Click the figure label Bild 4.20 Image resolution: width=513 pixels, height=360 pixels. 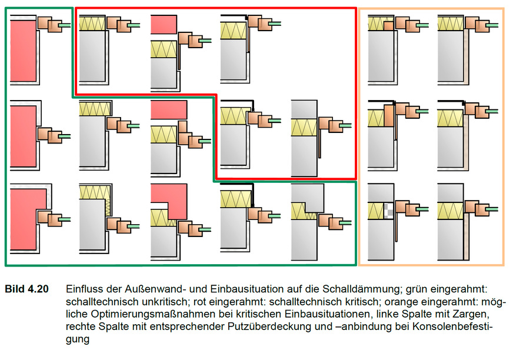click(27, 289)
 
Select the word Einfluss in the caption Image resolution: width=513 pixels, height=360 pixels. click(84, 289)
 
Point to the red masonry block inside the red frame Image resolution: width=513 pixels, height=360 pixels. click(164, 24)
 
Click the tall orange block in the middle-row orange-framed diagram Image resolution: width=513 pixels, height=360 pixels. click(388, 115)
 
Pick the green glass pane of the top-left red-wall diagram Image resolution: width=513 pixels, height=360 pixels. click(65, 25)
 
